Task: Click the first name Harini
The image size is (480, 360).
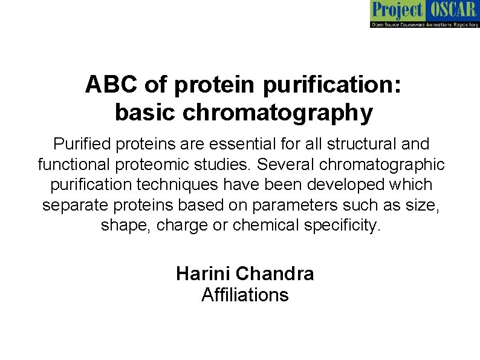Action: [203, 274]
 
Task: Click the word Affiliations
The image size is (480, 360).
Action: [245, 295]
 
